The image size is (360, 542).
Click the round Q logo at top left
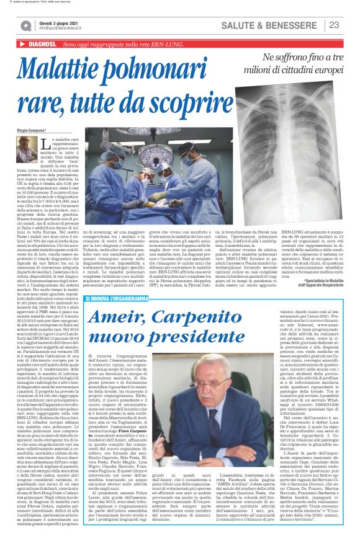pos(26,25)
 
